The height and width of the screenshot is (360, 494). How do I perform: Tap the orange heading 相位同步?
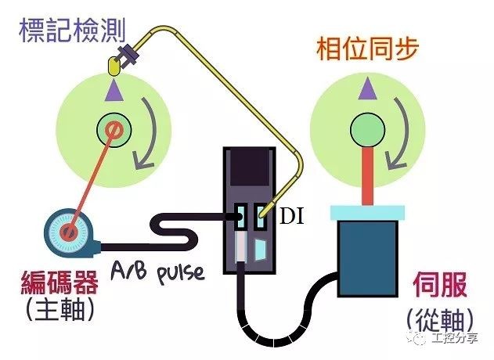point(367,49)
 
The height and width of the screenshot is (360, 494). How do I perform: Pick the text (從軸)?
point(443,319)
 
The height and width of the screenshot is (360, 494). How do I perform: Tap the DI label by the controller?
point(290,214)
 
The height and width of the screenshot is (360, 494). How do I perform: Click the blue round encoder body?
point(67,232)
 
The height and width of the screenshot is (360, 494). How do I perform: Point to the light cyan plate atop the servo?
point(367,211)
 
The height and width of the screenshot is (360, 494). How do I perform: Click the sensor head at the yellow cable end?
point(127,56)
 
